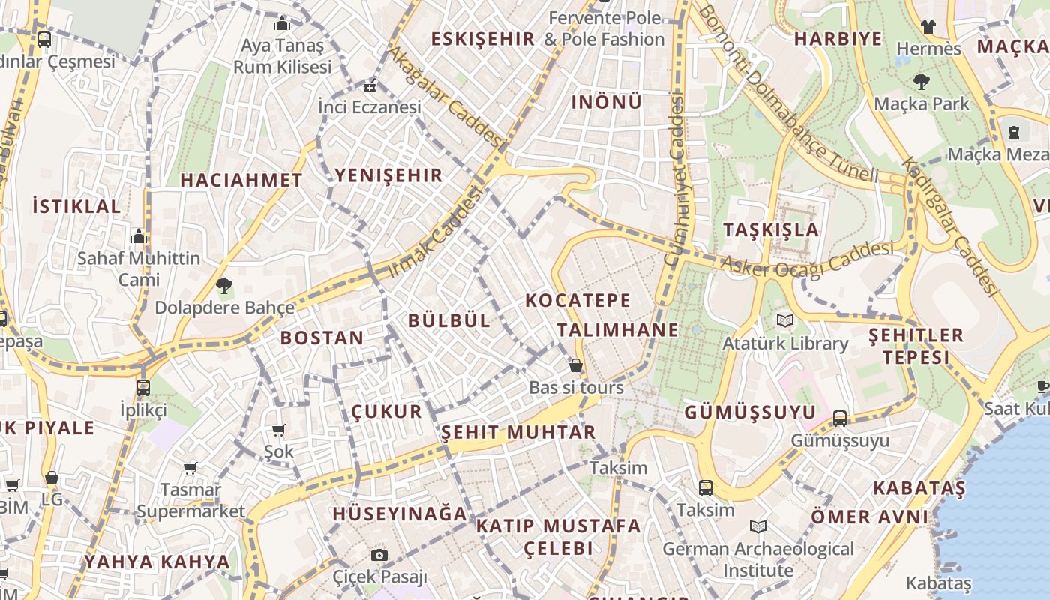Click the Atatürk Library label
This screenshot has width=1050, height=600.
[785, 343]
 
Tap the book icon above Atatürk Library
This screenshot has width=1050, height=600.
[785, 321]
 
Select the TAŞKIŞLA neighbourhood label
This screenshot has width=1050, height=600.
[771, 229]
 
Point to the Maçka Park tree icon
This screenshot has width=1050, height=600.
[922, 82]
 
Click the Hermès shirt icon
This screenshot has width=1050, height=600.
[928, 27]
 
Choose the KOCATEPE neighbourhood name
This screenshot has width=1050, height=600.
[577, 301]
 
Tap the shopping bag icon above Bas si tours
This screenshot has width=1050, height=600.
[576, 365]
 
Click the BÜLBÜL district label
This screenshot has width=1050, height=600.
[449, 320]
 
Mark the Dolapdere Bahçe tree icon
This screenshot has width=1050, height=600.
[223, 285]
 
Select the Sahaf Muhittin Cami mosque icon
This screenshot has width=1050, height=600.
[138, 237]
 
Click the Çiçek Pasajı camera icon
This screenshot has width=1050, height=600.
[379, 555]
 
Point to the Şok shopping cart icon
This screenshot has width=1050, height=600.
[279, 430]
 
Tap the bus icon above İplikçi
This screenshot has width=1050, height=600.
[142, 388]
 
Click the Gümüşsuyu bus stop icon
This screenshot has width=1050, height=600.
[840, 418]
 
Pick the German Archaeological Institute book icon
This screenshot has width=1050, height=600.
[758, 526]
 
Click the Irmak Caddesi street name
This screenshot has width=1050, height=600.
[435, 232]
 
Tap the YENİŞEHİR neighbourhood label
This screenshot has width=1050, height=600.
[388, 175]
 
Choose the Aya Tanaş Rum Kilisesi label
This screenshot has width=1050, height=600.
[282, 56]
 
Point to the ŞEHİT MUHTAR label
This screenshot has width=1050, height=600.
[518, 432]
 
